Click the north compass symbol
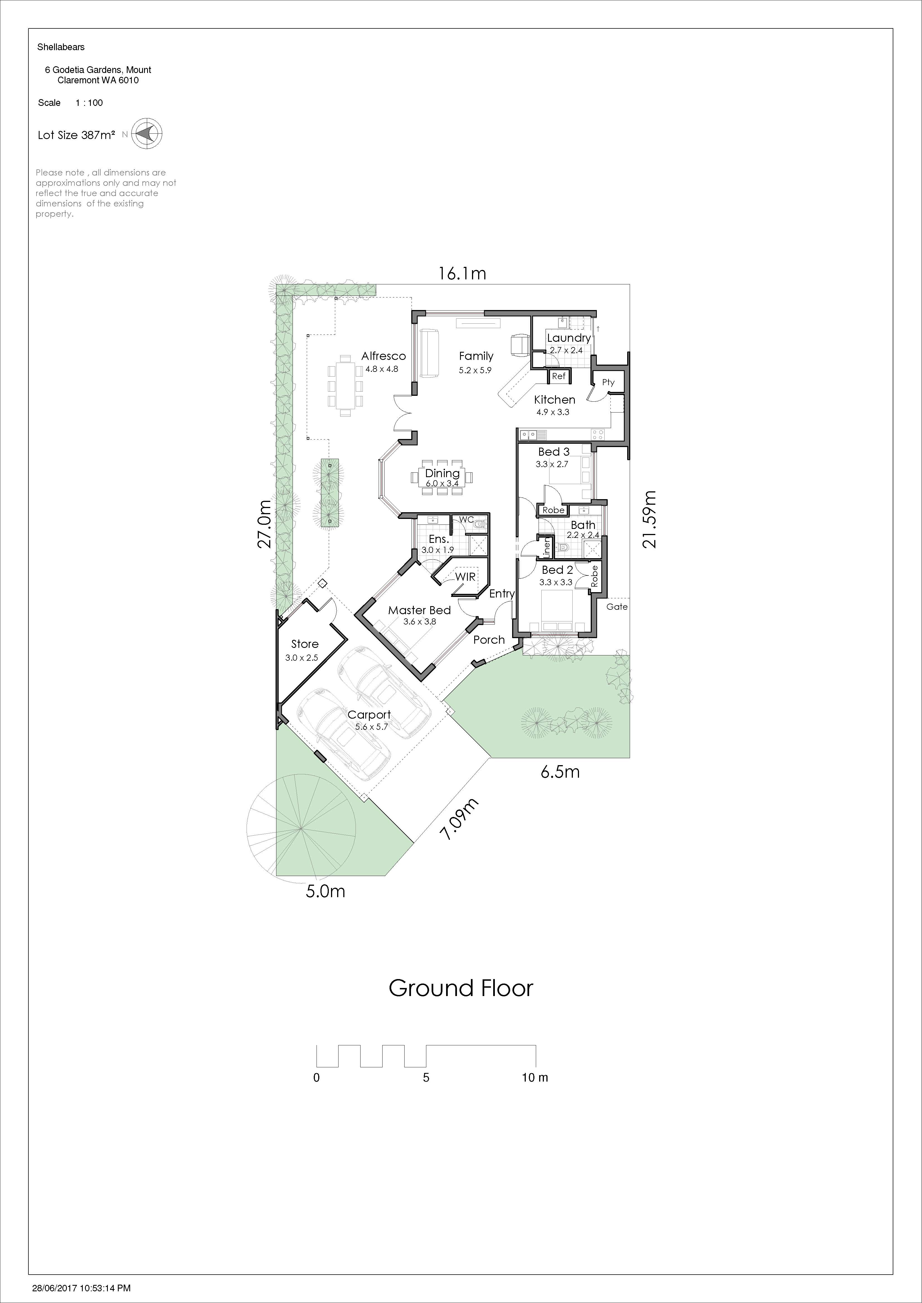pos(147,135)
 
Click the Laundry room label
pos(568,338)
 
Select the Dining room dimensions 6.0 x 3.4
pos(442,484)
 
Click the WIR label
pos(465,577)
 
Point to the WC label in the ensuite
pos(466,519)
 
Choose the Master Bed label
pos(419,610)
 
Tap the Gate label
pos(617,607)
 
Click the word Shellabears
pos(61,47)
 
